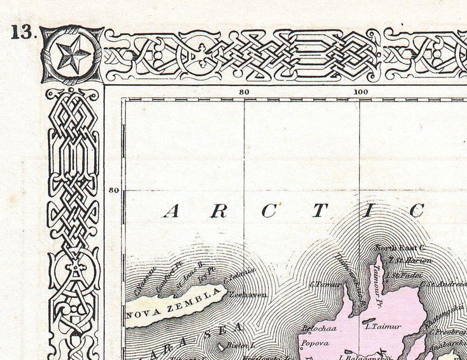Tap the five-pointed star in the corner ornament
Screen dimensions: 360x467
point(72,54)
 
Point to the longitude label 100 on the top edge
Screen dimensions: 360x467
point(360,92)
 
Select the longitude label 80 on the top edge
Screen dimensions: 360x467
point(244,92)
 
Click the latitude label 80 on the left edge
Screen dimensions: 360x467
point(113,190)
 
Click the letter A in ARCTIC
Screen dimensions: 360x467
point(172,212)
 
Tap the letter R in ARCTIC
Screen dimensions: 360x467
point(220,212)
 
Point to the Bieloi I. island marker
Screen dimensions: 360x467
point(222,347)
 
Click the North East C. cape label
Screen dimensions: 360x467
point(395,248)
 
